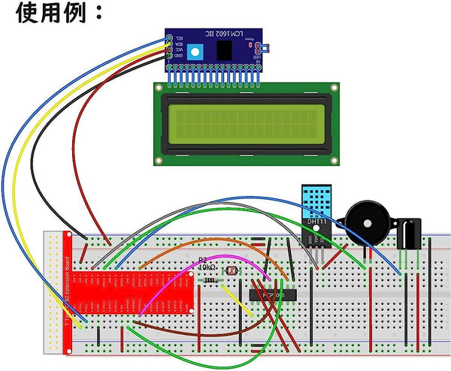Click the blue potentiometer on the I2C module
196,52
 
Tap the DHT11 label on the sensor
316,223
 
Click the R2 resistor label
202,260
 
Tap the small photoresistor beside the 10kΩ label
230,268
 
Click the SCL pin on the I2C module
171,38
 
